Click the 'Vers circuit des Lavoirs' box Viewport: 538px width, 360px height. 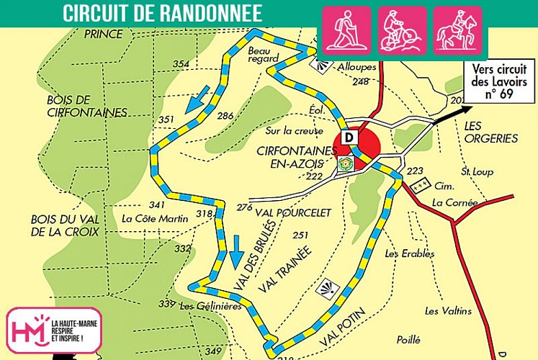[x=500, y=80]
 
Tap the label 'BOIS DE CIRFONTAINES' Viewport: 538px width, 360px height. [x=66, y=105]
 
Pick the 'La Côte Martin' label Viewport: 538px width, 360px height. [x=155, y=218]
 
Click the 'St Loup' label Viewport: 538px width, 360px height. [x=476, y=172]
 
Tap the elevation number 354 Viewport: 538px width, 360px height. [x=181, y=65]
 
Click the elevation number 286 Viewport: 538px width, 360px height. [x=225, y=116]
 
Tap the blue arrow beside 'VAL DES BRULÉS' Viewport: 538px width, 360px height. [x=236, y=247]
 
